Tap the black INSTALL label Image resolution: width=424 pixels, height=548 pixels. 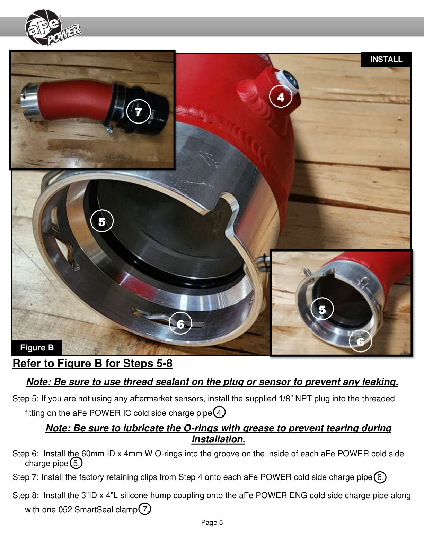coord(386,60)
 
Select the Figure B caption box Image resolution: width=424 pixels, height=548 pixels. coord(37,347)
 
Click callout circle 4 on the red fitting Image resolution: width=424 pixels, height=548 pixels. coord(281,96)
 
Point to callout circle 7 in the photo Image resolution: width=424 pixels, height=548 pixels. coord(138,111)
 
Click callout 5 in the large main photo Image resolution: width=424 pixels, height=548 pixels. coord(102,221)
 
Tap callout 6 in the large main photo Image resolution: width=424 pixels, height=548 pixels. coord(180,323)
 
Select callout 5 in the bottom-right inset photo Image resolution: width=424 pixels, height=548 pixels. coord(322,309)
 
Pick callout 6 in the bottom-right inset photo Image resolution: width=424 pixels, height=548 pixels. coord(361,341)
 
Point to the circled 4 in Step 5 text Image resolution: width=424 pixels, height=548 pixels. coord(219,413)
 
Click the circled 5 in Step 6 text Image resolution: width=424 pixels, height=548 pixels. coord(76,463)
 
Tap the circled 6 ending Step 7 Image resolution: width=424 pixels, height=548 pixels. coord(380,477)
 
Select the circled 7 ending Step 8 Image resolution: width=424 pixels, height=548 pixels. coord(145,509)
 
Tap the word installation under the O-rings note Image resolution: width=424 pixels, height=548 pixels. coord(219,440)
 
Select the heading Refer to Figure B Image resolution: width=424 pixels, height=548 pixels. coord(93,363)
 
